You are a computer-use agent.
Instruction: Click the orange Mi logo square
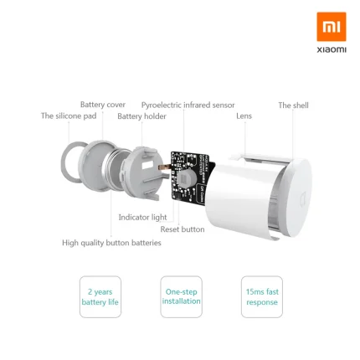[x=331, y=27]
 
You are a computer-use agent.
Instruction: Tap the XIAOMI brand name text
[x=331, y=50]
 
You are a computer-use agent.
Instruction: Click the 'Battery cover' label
[x=103, y=105]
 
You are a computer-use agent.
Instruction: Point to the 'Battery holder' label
[x=141, y=116]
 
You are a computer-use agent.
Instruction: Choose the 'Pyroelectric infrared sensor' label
[x=188, y=105]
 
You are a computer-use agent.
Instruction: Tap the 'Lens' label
[x=244, y=116]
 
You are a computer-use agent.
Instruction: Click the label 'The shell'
[x=293, y=105]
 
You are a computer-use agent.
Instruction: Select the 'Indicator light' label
[x=142, y=217]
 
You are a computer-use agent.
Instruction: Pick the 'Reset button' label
[x=183, y=229]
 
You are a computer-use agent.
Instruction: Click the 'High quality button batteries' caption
[x=111, y=243]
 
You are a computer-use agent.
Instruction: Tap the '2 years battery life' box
[x=100, y=296]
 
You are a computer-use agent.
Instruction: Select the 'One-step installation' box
[x=182, y=296]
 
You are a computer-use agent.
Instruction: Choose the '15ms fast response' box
[x=262, y=296]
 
